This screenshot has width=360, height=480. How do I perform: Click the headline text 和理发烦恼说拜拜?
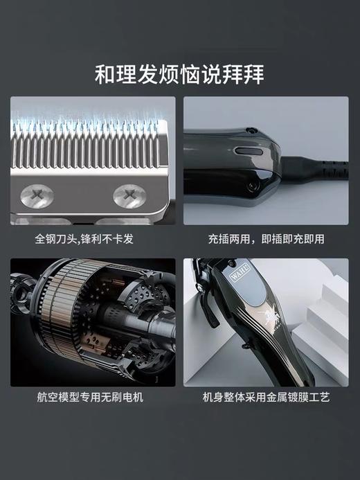point(179,73)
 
